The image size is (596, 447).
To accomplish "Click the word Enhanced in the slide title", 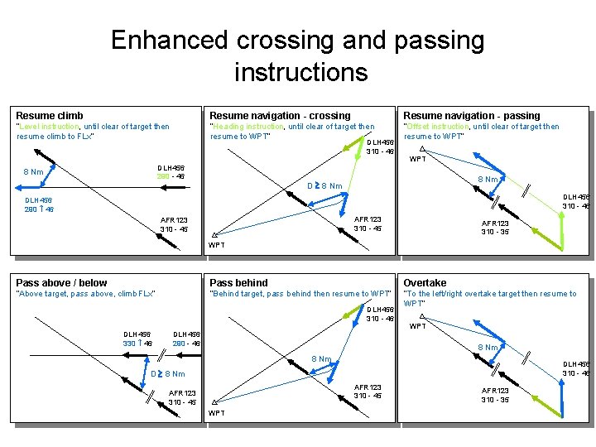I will (x=170, y=41).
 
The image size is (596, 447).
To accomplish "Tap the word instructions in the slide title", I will (x=300, y=72).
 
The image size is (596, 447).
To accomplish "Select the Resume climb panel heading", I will (x=50, y=115).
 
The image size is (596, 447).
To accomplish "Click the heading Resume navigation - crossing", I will (x=280, y=115).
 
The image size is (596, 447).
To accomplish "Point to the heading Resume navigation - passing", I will (x=471, y=115).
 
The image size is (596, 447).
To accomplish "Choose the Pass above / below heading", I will (x=61, y=283).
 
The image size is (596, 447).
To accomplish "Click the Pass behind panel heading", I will (x=239, y=283).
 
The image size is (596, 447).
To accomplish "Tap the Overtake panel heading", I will (x=425, y=283).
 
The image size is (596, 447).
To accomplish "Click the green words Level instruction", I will (x=48, y=127).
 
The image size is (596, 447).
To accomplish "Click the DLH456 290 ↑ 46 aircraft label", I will (x=38, y=204).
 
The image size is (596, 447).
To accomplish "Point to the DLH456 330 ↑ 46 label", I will (x=137, y=338).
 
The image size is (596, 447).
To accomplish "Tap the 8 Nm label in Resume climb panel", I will (x=34, y=172).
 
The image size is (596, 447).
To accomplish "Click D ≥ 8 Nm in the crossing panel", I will (x=324, y=185).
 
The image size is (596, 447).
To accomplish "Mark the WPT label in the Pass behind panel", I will (x=216, y=413).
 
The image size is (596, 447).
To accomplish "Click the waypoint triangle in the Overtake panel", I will (x=422, y=317).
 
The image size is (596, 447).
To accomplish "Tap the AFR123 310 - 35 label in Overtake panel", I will (x=496, y=395).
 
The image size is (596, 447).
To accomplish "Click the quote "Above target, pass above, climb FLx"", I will (x=86, y=294).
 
